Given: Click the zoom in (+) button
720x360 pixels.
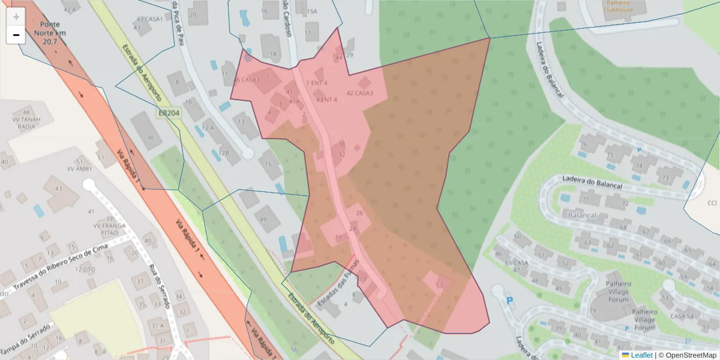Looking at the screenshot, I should [x=16, y=17].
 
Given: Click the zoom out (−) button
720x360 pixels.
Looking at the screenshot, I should [x=16, y=35].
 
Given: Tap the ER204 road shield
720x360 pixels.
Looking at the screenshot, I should [x=168, y=113].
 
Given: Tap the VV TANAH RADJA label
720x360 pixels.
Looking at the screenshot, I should [x=26, y=122].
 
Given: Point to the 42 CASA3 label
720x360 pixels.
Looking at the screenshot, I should [x=360, y=93].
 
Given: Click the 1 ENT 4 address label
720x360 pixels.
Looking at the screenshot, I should [x=317, y=83].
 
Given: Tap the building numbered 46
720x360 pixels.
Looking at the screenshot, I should [x=150, y=138].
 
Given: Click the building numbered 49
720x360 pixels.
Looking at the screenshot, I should [x=263, y=219].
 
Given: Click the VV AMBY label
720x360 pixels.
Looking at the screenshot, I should [x=79, y=169].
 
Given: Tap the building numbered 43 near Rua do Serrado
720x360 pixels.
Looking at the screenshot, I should [x=58, y=189].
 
